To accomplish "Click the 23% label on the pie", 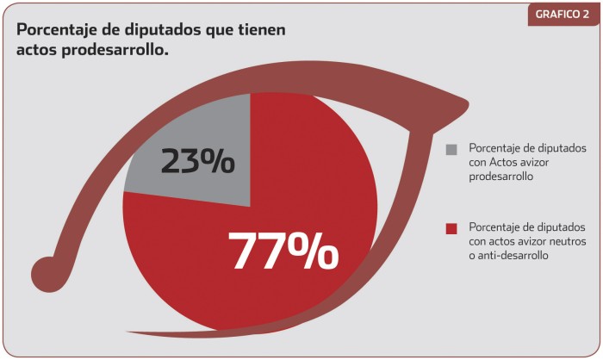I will pyautogui.click(x=197, y=160).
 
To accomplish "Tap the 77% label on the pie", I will pyautogui.click(x=283, y=251).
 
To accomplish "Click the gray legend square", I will pyautogui.click(x=451, y=149).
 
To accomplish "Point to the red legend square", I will pyautogui.click(x=451, y=228).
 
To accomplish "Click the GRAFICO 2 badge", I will pyautogui.click(x=563, y=15).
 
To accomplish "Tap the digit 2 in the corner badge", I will pyautogui.click(x=589, y=15).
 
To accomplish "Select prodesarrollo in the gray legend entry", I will pyautogui.click(x=501, y=176).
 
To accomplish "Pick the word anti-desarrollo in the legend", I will pyautogui.click(x=517, y=255).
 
